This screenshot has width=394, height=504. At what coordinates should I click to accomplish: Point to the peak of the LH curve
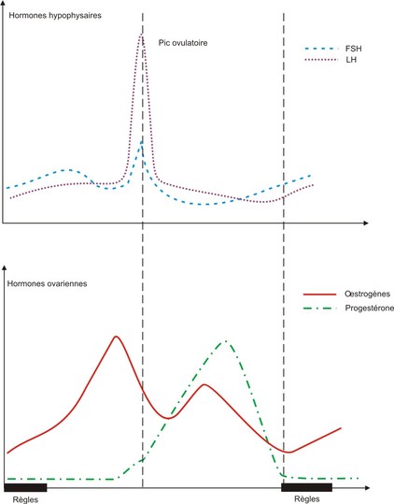pos(142,35)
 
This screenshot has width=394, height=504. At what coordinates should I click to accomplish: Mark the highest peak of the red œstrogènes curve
pos(115,337)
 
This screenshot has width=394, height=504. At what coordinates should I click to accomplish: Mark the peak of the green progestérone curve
pos(224,341)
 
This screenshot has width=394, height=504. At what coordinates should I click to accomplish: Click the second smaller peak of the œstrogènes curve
pos(203,384)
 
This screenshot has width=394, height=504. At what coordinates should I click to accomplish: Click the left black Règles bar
pos(25,486)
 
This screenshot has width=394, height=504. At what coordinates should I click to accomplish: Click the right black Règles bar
pos(307,486)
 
